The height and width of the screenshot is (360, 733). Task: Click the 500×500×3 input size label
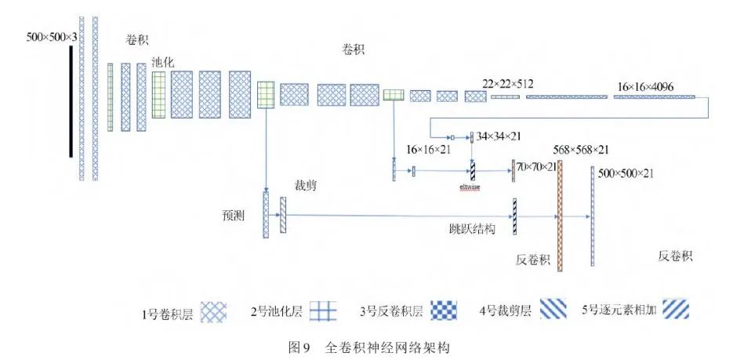(x=53, y=37)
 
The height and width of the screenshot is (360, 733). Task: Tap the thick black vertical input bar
(x=71, y=101)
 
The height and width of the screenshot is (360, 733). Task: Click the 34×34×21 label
(x=499, y=136)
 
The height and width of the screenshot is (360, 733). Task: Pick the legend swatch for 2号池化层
(x=322, y=311)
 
